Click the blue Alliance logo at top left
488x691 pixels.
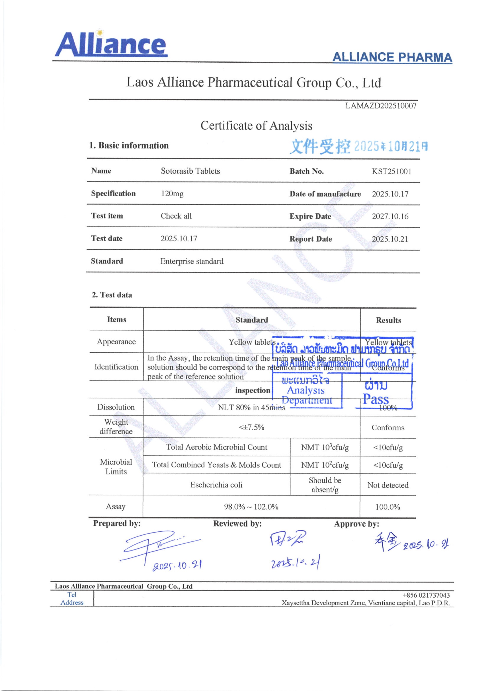pos(111,44)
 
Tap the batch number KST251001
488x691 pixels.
pos(391,171)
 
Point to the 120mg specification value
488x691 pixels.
pos(172,193)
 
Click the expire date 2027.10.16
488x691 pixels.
pos(390,216)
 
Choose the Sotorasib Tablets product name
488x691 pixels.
pos(190,171)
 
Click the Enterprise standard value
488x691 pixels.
pos(192,261)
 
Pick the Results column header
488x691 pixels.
pos(388,320)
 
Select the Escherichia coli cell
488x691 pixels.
pos(216,485)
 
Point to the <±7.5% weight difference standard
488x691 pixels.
pos(251,427)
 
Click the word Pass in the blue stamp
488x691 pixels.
pos(376,399)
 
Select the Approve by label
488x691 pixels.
pos(356,524)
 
